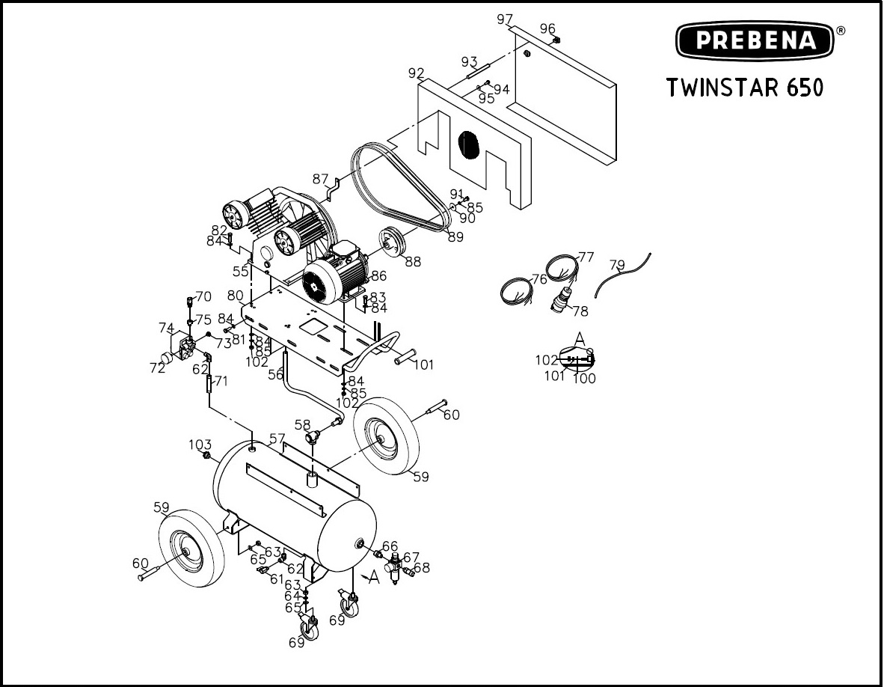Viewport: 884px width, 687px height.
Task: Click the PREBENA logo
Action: [755, 40]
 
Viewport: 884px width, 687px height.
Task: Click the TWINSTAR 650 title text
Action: [745, 88]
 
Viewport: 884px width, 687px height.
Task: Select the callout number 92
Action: [417, 73]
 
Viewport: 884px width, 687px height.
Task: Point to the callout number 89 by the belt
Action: [455, 237]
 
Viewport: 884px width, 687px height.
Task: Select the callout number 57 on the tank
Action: [277, 439]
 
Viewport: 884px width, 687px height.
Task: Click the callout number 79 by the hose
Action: [616, 265]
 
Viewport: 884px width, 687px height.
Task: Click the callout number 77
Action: [586, 257]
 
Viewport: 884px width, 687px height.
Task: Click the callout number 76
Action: [539, 280]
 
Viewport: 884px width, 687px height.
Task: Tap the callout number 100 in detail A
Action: [584, 379]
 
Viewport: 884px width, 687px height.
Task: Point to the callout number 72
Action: [157, 367]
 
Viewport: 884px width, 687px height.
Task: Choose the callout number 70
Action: [203, 296]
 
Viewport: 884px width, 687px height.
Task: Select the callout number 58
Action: [302, 425]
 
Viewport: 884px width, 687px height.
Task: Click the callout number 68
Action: [422, 568]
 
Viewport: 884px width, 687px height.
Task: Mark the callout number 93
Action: [469, 61]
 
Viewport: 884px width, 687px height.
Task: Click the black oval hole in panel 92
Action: [467, 144]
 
